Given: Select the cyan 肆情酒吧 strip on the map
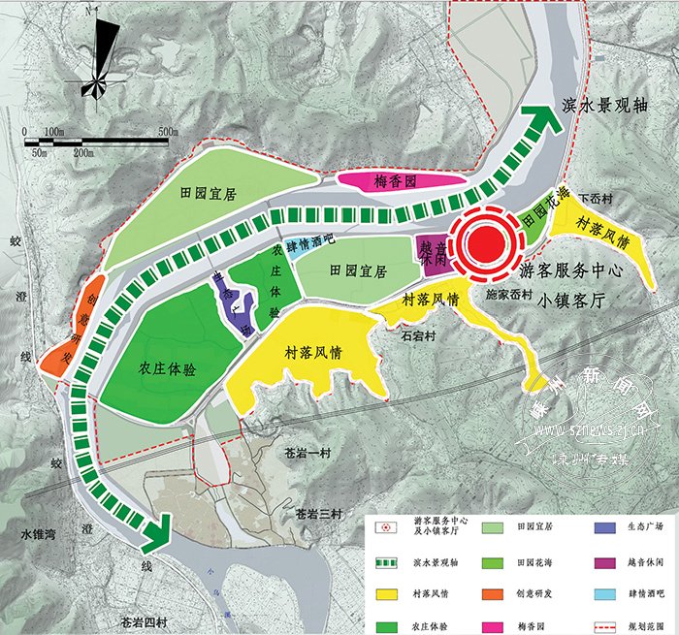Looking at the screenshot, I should [x=307, y=243].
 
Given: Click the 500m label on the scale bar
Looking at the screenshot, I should [x=169, y=131].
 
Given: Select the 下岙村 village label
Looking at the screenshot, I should [x=596, y=200].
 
